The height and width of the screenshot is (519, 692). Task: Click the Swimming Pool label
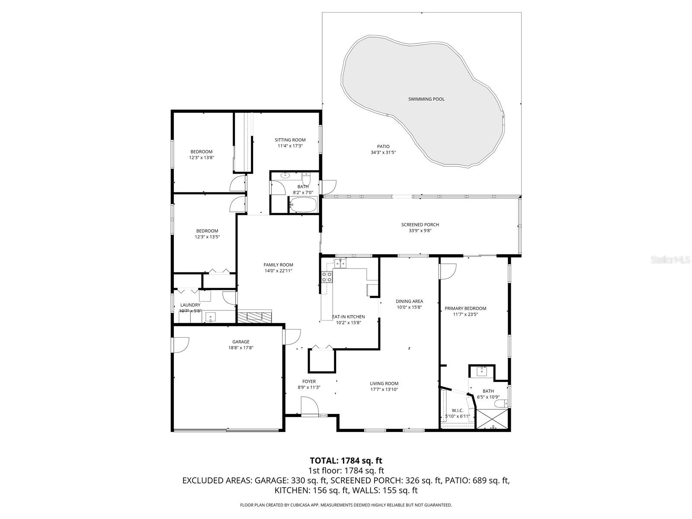(426, 99)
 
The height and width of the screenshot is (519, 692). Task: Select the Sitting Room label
(290, 140)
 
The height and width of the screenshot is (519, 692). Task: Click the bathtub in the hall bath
(303, 205)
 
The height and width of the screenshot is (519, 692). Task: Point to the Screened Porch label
(420, 224)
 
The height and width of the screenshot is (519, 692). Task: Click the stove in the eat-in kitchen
(327, 277)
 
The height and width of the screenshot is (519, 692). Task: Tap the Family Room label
(279, 265)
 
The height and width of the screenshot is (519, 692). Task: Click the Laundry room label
(190, 305)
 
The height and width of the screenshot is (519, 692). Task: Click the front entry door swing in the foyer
(310, 407)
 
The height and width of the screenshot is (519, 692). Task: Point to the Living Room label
(384, 383)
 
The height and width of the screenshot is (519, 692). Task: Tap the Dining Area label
(409, 301)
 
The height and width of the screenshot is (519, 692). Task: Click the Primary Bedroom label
(465, 308)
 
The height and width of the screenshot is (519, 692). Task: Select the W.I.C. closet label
(457, 410)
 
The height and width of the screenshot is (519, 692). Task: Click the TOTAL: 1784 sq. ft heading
(346, 461)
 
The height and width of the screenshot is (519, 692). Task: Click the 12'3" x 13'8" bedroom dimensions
(202, 158)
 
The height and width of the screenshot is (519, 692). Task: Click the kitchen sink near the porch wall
(340, 263)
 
